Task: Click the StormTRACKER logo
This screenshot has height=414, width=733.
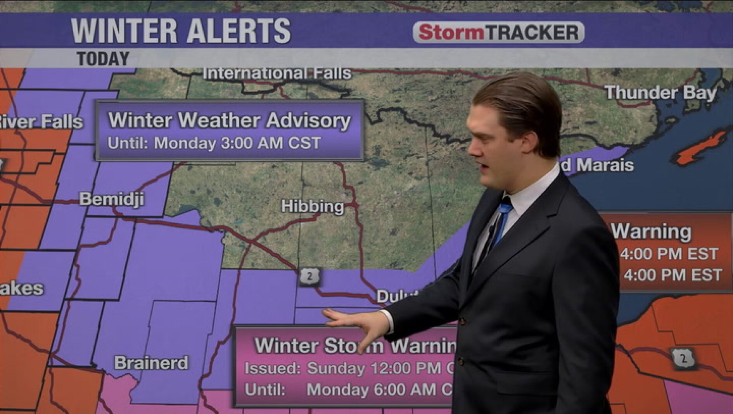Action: click(x=498, y=32)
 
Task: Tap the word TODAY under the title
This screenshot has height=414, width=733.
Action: click(x=103, y=59)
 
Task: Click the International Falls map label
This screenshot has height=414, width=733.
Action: click(x=277, y=73)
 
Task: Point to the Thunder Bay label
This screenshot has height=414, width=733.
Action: click(x=660, y=93)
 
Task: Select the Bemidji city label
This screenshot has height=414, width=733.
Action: click(x=112, y=199)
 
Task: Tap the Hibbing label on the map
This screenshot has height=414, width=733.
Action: click(x=312, y=206)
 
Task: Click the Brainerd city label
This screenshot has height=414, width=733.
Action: click(x=151, y=363)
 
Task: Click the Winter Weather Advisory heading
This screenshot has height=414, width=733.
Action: click(x=229, y=120)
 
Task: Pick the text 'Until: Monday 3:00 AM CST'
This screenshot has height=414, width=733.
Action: click(x=214, y=143)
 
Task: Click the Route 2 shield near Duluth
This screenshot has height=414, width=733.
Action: click(x=309, y=277)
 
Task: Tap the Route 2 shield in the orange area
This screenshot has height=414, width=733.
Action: click(x=683, y=358)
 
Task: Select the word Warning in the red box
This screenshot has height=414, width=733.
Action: click(x=652, y=231)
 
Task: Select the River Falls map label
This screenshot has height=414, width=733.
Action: click(x=41, y=122)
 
